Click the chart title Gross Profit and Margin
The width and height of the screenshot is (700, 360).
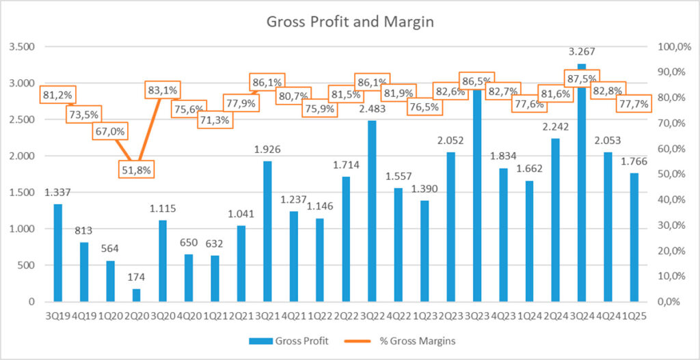click(x=349, y=21)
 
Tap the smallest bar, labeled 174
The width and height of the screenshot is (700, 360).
click(x=136, y=294)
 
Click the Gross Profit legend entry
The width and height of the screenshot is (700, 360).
click(x=301, y=341)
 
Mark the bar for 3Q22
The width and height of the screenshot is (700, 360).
click(x=372, y=211)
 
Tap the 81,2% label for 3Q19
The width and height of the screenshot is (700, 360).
click(x=58, y=95)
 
